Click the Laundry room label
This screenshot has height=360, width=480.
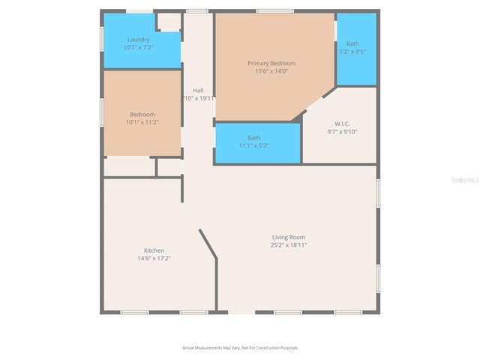138,40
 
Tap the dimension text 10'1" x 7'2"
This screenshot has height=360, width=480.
138,47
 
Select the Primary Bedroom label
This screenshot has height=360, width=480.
271,64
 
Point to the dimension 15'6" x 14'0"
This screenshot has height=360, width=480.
271,71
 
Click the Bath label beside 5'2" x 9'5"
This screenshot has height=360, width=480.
352,43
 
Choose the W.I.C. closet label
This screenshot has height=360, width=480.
342,124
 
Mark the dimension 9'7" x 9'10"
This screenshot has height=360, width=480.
342,131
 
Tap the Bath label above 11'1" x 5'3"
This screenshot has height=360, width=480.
254,138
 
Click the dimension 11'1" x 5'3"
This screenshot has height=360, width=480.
254,145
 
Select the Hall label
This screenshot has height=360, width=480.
198,90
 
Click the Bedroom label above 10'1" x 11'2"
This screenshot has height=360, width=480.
142,114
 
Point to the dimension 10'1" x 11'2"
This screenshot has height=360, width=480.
142,121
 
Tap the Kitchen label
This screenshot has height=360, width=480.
154,250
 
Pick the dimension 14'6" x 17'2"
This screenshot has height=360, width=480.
154,258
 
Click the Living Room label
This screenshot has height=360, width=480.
288,237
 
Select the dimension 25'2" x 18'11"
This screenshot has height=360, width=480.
288,244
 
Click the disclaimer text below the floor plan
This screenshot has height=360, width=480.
240,348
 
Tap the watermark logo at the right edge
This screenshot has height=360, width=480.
468,180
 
